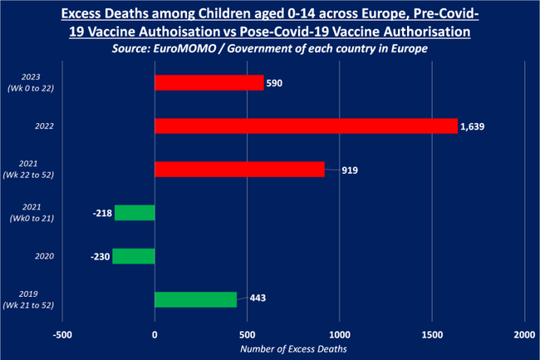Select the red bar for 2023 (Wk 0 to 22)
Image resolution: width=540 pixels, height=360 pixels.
coord(209,82)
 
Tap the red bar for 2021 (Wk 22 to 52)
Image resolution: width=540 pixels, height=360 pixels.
coord(239,169)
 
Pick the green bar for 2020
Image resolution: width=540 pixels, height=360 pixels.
coord(134,255)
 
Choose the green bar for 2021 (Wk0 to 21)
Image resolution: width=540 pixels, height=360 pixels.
coord(135,213)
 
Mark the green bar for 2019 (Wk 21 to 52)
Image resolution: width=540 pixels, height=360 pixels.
coord(195,298)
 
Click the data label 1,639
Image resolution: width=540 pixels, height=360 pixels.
coord(471,126)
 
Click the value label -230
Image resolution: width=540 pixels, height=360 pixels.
coord(100,256)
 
